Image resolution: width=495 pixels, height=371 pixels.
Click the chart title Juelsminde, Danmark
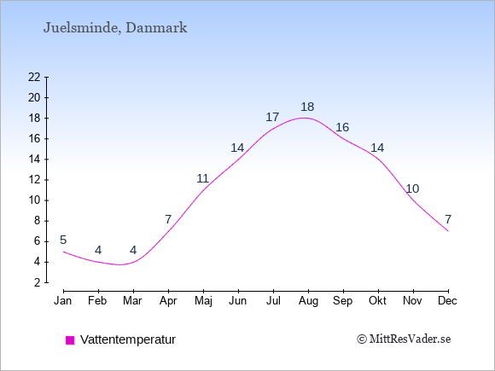click(115, 28)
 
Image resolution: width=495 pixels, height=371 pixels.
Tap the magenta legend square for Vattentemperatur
click(70, 340)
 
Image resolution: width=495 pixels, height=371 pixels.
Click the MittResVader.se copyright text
click(404, 339)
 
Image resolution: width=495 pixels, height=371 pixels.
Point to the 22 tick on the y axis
click(34, 77)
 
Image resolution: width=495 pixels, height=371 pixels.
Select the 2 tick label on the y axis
click(38, 282)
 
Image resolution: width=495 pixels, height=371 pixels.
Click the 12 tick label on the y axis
click(34, 180)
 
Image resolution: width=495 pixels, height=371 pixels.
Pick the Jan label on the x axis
click(63, 301)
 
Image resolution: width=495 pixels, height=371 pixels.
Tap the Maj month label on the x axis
click(203, 301)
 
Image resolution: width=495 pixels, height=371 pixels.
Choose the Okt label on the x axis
click(377, 301)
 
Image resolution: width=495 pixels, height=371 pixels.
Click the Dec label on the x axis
click(447, 301)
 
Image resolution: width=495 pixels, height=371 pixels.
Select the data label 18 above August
click(307, 107)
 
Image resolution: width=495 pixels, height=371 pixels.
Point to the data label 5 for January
click(63, 240)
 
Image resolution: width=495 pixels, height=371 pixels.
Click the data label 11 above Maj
click(202, 178)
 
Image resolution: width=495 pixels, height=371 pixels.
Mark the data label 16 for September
click(342, 127)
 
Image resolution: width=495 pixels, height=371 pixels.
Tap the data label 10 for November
click(412, 188)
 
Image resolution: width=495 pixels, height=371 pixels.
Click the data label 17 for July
click(272, 117)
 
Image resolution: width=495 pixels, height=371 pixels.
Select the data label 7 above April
click(168, 219)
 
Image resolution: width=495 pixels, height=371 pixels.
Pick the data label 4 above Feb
click(98, 250)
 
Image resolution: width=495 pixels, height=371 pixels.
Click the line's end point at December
click(448, 231)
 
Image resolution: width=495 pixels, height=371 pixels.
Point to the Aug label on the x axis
click(308, 301)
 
